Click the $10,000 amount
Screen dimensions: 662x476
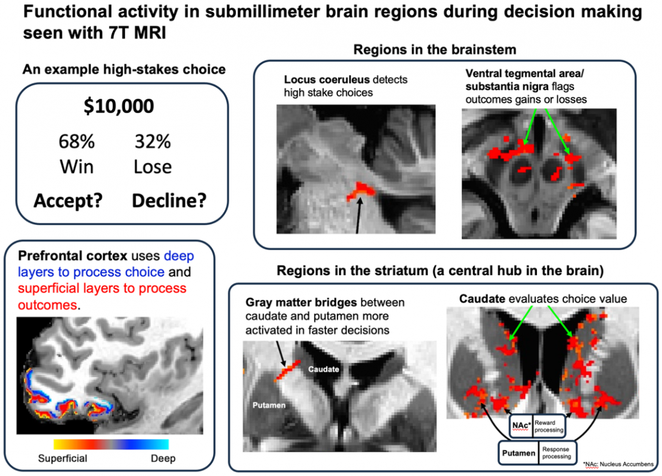[x=119, y=106]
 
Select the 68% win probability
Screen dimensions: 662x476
[x=76, y=141]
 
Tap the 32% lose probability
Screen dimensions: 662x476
[x=152, y=141]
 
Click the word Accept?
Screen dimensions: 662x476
[x=68, y=200]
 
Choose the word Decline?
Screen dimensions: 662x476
[x=169, y=200]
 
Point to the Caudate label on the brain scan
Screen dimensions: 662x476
[x=323, y=369]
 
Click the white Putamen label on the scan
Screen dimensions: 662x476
[x=269, y=405]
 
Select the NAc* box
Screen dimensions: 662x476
[x=521, y=426]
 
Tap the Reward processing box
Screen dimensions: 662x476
[x=549, y=426]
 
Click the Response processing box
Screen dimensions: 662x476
[x=557, y=453]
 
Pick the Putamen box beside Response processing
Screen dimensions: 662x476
[x=518, y=453]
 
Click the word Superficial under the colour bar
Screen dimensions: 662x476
[x=63, y=459]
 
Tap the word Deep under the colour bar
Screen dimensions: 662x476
[x=163, y=459]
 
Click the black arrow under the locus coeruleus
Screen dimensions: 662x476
[x=359, y=215]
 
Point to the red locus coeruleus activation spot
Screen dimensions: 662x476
[x=361, y=191]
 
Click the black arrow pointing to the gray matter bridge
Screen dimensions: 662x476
[x=280, y=354]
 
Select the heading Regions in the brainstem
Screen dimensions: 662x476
[x=435, y=50]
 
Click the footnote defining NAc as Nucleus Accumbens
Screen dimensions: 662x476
[x=618, y=464]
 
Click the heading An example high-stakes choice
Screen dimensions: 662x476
[x=124, y=69]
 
